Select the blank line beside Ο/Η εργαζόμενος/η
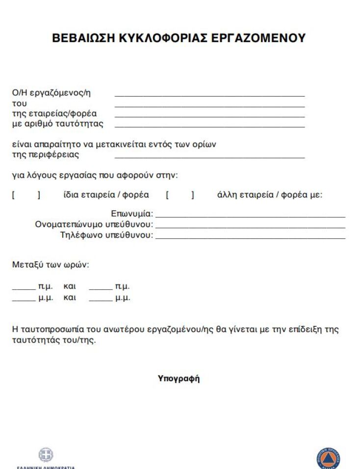coord(209,94)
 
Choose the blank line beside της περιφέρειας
coord(209,156)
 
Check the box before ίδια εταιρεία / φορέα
coord(26,195)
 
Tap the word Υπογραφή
coord(179,378)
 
